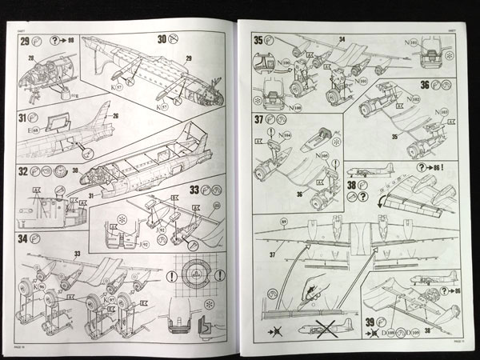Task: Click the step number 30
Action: click(x=162, y=38)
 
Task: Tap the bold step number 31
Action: click(x=24, y=120)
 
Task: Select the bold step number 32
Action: click(x=24, y=170)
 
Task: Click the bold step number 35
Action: click(x=258, y=39)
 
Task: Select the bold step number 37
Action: click(x=258, y=120)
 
